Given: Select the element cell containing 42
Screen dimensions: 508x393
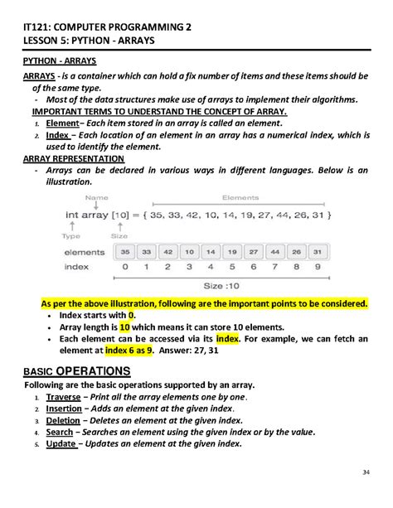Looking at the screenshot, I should (167, 251).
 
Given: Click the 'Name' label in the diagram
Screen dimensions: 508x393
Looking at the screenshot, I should (97, 197).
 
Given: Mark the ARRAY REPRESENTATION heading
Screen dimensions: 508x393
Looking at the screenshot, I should (75, 157).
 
